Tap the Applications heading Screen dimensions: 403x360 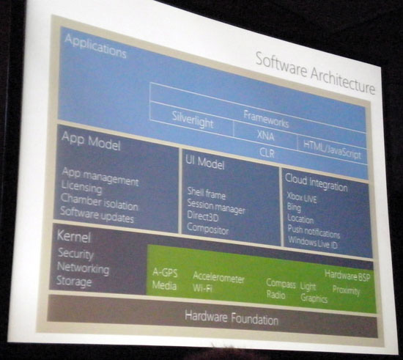[x=95, y=46]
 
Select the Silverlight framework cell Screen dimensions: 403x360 [x=193, y=120]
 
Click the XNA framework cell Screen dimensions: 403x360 [x=265, y=135]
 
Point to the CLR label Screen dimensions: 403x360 [x=267, y=153]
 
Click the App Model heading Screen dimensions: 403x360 [x=91, y=141]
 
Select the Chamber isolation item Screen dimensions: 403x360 [x=99, y=202]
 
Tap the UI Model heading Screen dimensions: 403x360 [x=205, y=163]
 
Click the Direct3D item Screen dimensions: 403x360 [x=203, y=216]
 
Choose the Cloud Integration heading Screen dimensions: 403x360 [x=317, y=183]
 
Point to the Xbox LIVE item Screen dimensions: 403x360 [x=302, y=198]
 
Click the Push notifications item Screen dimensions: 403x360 [x=314, y=232]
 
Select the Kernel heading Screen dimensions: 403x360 [x=74, y=237]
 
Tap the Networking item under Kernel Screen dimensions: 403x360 [x=83, y=268]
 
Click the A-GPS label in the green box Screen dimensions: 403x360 [x=165, y=272]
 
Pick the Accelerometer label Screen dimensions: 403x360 [x=218, y=278]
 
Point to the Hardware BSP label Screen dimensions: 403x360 [x=347, y=276]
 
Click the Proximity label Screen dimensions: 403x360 [x=346, y=290]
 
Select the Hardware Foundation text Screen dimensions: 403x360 [x=232, y=318]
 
